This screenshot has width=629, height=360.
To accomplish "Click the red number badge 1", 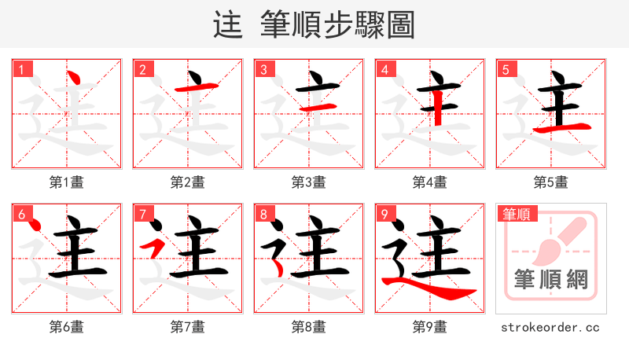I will pyautogui.click(x=21, y=70).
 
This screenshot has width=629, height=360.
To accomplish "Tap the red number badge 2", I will pyautogui.click(x=142, y=70).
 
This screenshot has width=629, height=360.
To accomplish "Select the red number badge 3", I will pyautogui.click(x=263, y=70).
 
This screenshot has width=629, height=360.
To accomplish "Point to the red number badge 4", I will pyautogui.click(x=384, y=70).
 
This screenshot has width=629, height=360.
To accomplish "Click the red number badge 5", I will pyautogui.click(x=506, y=70).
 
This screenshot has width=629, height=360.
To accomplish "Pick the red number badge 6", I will pyautogui.click(x=21, y=214).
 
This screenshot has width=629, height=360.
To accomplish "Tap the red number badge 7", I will pyautogui.click(x=142, y=214).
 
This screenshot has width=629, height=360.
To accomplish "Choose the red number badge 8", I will pyautogui.click(x=263, y=214).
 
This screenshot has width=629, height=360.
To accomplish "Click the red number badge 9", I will pyautogui.click(x=384, y=214).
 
